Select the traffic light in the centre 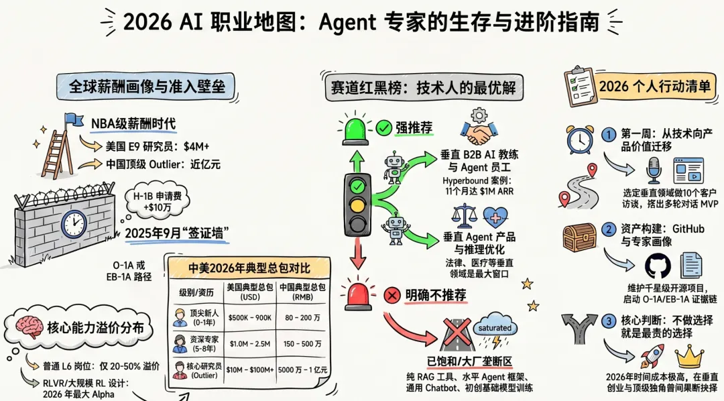357,203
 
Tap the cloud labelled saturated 495,329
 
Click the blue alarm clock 579,140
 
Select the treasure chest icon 579,237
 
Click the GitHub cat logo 657,266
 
